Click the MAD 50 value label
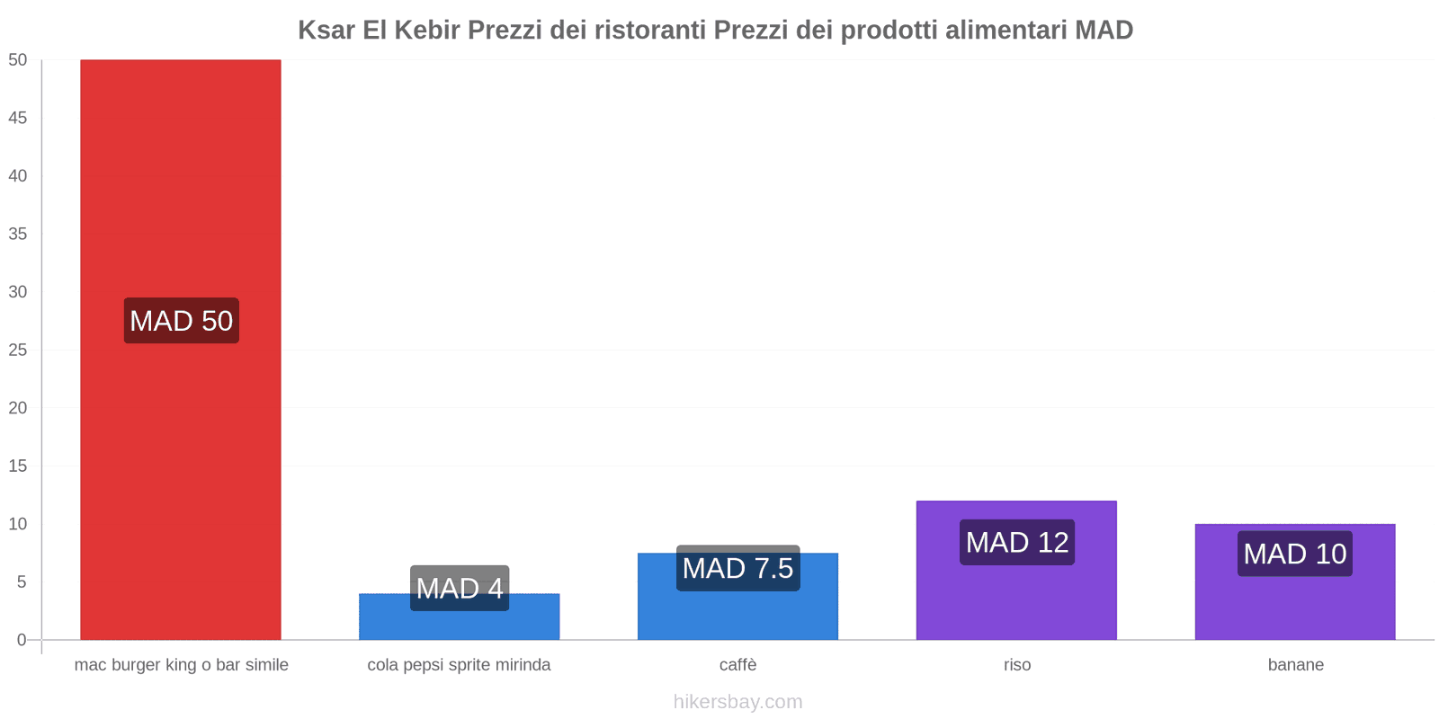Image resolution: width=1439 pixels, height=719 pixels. [x=181, y=321]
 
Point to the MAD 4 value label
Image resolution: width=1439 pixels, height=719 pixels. [x=460, y=588]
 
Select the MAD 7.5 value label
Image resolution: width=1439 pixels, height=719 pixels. [x=737, y=568]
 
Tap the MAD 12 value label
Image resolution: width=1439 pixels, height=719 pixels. [x=1017, y=542]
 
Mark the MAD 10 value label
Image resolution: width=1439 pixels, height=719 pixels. [x=1295, y=554]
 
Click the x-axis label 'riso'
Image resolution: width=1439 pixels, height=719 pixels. [x=1017, y=665]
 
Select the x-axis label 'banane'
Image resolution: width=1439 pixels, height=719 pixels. [x=1295, y=665]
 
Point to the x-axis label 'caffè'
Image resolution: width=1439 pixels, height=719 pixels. [x=737, y=665]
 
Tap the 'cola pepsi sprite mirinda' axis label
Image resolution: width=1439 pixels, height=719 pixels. [x=459, y=665]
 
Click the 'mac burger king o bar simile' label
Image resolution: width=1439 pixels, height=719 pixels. [x=181, y=665]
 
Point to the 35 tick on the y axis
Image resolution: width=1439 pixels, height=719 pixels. [x=18, y=234]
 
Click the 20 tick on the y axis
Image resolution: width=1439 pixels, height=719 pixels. [x=18, y=408]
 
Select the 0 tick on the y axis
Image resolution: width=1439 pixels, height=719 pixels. [x=22, y=640]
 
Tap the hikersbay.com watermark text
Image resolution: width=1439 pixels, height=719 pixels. [x=737, y=702]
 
